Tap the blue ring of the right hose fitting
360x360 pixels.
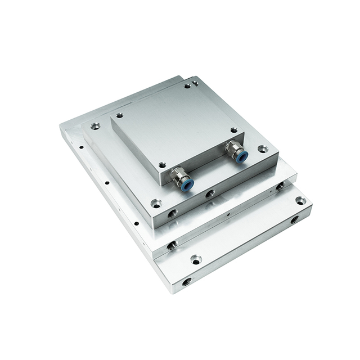coord(241,158)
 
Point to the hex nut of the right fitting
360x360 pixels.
coord(232,150)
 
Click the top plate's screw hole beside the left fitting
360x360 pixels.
coord(162,165)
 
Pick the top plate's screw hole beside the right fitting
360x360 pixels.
coord(233,130)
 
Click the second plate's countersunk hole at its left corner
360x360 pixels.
coord(95,127)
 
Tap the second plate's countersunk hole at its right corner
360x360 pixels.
coord(263,149)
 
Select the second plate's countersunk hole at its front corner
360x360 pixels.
coord(156,203)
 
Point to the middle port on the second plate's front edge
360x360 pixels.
coord(209,194)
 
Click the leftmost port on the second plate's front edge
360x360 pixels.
coord(172,214)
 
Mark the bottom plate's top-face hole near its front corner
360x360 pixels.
coord(195,259)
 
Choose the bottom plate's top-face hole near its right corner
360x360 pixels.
coord(300,200)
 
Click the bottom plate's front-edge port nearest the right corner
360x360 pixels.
coord(294,220)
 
